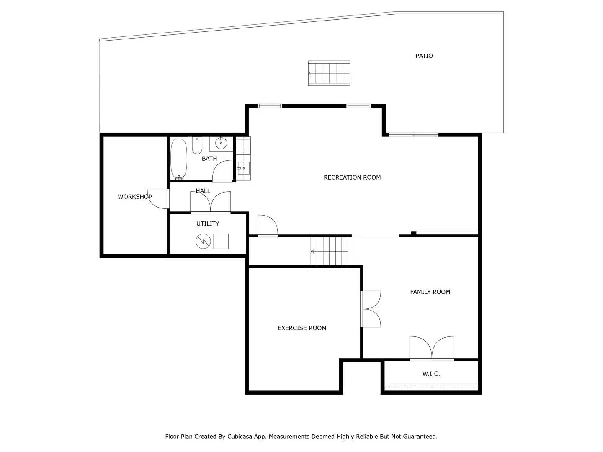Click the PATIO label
pyautogui.click(x=424, y=56)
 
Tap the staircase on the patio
pyautogui.click(x=329, y=73)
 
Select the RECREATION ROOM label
pyautogui.click(x=352, y=177)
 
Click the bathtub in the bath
pyautogui.click(x=179, y=159)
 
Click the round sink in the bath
pyautogui.click(x=221, y=144)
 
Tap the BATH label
pyautogui.click(x=209, y=159)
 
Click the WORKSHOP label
pyautogui.click(x=134, y=197)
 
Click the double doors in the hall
pyautogui.click(x=211, y=203)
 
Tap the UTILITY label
pyautogui.click(x=208, y=224)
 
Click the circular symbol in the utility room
pyautogui.click(x=203, y=241)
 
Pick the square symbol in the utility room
pyautogui.click(x=221, y=241)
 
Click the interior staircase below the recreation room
pyautogui.click(x=330, y=251)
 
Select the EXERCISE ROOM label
pyautogui.click(x=302, y=328)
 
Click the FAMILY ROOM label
pyautogui.click(x=430, y=292)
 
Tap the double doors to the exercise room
pyautogui.click(x=371, y=309)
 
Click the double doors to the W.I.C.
pyautogui.click(x=432, y=348)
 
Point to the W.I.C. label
pyautogui.click(x=431, y=374)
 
